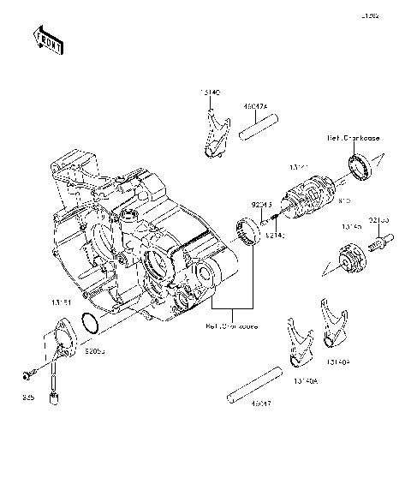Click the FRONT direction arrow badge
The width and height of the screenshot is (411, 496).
click(x=47, y=39)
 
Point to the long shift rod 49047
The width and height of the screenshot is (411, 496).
click(x=261, y=385)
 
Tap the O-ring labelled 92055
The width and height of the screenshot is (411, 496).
click(x=88, y=324)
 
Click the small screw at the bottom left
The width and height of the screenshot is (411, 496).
click(x=27, y=374)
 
